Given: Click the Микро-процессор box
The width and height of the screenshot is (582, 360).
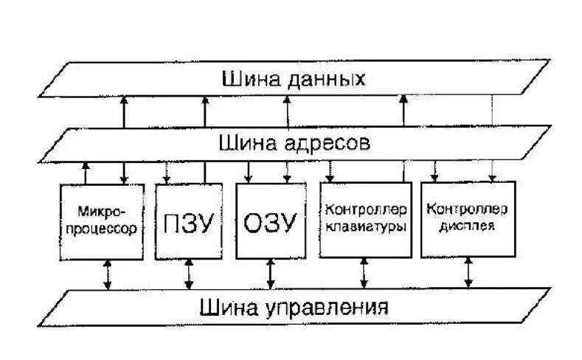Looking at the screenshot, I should (100, 221).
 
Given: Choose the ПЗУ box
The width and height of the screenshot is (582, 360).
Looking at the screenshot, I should (188, 221).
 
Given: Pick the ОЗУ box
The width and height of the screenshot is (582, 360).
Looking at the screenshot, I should (269, 221).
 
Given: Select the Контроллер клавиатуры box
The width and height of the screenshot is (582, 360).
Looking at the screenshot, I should (364, 219).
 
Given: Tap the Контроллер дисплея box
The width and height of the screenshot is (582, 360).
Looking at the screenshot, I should (460, 219).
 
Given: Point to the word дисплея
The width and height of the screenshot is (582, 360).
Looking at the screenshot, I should (460, 226).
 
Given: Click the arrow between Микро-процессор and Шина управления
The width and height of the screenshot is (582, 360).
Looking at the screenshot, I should (108, 274).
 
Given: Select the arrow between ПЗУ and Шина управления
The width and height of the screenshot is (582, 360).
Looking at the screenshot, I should (189, 274).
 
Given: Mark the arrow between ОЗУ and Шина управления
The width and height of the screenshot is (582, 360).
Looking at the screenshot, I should (271, 274).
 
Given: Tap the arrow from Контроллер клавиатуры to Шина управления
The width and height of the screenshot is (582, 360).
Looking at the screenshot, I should (363, 274).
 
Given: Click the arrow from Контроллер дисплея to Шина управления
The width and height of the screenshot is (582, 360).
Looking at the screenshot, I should (468, 273).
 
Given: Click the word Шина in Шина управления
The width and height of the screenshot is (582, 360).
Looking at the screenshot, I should (224, 305).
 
